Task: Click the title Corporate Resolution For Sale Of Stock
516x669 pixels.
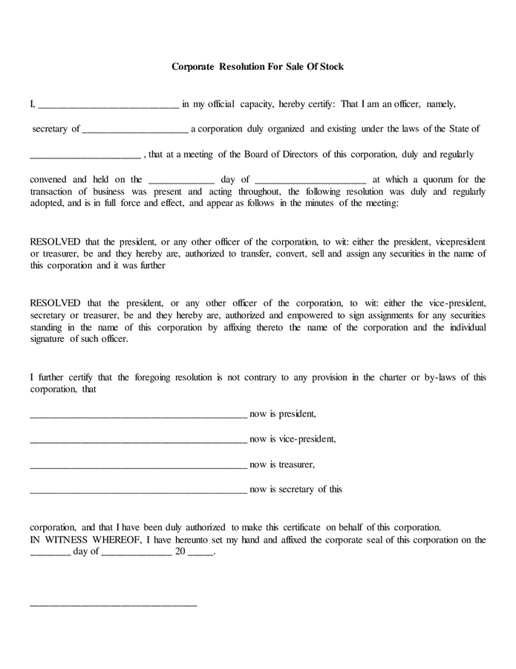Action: pyautogui.click(x=258, y=67)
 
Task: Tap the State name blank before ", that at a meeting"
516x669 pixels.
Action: pyautogui.click(x=85, y=156)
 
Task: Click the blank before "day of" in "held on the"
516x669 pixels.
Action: pyautogui.click(x=182, y=181)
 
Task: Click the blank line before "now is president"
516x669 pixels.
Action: pyautogui.click(x=138, y=415)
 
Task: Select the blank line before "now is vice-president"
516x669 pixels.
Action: pyautogui.click(x=138, y=440)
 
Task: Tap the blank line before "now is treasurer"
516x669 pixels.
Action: pyautogui.click(x=138, y=466)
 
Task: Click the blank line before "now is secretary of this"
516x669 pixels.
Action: pyautogui.click(x=138, y=491)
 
